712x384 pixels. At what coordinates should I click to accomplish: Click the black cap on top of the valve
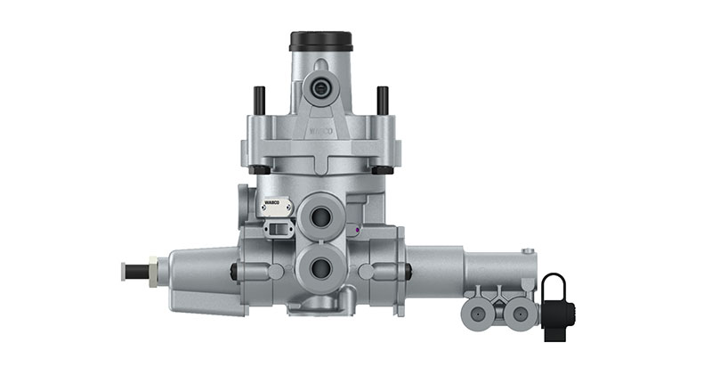pyautogui.click(x=320, y=41)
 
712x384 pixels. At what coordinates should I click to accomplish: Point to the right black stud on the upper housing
pyautogui.click(x=382, y=100)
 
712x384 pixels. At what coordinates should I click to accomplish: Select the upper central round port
pyautogui.click(x=320, y=217)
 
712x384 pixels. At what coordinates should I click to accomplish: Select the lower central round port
pyautogui.click(x=320, y=266)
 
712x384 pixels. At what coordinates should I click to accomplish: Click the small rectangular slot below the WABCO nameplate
pyautogui.click(x=279, y=230)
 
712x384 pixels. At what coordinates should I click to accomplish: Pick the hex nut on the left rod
pyautogui.click(x=152, y=270)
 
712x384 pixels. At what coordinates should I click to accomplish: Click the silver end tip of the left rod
pyautogui.click(x=124, y=271)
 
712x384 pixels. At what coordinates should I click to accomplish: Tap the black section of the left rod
pyautogui.click(x=138, y=271)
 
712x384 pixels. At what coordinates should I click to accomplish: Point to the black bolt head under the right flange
pyautogui.click(x=383, y=168)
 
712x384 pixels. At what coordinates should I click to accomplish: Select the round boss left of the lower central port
pyautogui.click(x=276, y=270)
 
